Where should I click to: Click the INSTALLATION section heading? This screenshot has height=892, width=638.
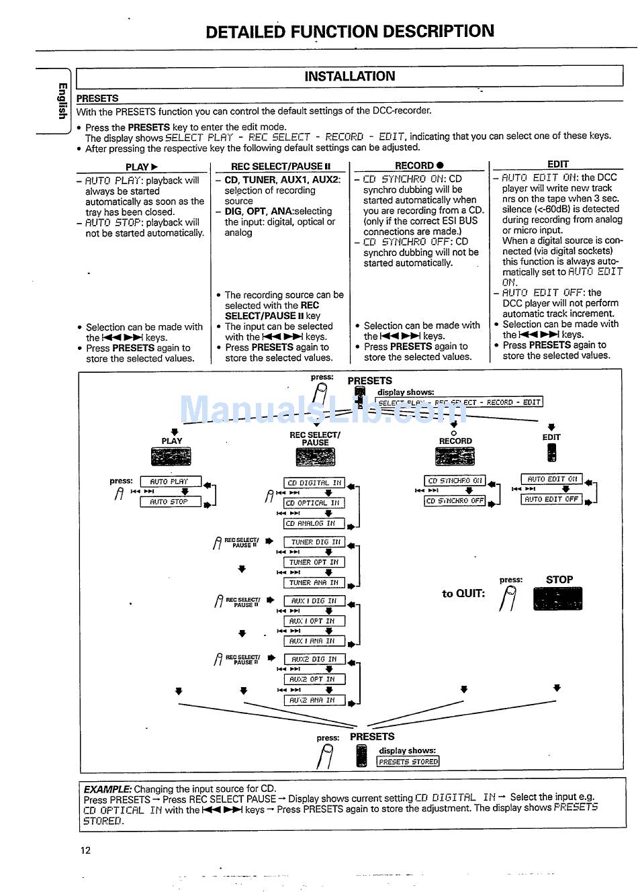coord(349,77)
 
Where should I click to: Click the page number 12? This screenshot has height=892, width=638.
coord(85,850)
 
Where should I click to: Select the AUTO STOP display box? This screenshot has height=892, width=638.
coord(169,502)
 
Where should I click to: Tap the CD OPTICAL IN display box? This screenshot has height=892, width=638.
coord(313,503)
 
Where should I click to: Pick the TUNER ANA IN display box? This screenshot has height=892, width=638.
coord(314,583)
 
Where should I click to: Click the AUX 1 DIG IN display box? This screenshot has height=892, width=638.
coord(314,601)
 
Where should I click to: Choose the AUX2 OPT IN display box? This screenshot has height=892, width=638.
coord(314,679)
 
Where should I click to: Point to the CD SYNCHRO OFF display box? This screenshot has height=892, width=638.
coord(455,501)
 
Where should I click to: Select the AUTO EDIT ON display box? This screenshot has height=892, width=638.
coord(552,480)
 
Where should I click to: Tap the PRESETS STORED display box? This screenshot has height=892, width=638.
coord(408,762)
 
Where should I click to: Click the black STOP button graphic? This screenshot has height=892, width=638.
coord(557,598)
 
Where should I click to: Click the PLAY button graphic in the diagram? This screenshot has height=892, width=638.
coord(171,457)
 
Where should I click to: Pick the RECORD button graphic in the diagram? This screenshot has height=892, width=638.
coord(455,457)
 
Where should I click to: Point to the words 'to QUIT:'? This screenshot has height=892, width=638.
coord(463,594)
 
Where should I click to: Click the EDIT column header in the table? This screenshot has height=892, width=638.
coord(557,164)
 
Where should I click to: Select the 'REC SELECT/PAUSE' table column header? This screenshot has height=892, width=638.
coord(281,167)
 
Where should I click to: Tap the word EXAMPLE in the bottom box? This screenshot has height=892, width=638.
coord(107,789)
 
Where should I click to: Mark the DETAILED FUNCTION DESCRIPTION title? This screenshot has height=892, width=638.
coord(349,32)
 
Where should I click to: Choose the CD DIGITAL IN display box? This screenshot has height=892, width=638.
coord(314,483)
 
